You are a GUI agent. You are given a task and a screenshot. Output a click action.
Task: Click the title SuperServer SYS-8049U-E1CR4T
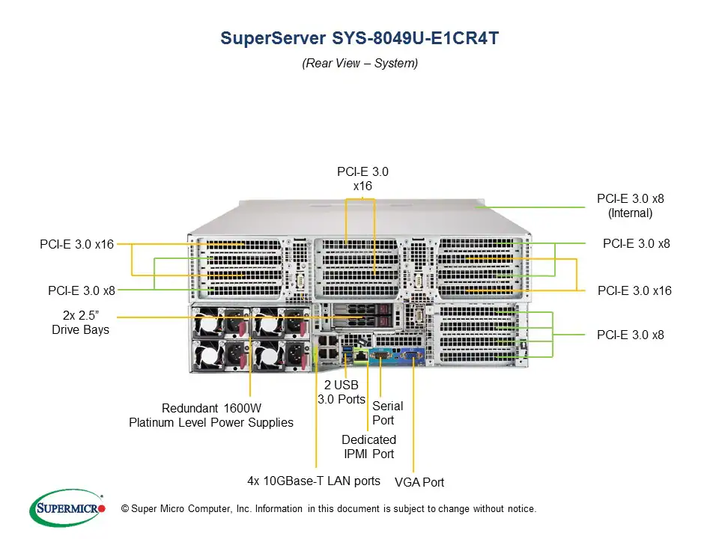359,38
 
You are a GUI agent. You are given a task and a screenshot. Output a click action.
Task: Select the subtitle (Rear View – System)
359,63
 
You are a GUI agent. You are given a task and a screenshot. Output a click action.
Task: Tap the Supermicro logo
67,509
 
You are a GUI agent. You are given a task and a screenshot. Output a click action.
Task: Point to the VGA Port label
419,482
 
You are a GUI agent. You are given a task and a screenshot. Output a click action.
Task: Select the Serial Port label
387,412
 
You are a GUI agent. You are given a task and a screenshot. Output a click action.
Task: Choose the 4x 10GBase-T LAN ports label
314,481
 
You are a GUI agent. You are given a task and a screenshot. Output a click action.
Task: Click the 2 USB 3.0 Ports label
341,392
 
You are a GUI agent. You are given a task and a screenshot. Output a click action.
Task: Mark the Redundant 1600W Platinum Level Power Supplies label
211,415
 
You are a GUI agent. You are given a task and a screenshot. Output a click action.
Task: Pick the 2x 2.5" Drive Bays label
80,323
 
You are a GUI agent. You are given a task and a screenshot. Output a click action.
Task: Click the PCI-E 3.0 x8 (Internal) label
630,206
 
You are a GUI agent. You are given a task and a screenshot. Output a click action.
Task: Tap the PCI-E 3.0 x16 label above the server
362,178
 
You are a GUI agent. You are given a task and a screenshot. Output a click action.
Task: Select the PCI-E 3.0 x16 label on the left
76,244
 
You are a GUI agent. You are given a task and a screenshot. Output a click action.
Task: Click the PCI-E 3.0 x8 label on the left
82,290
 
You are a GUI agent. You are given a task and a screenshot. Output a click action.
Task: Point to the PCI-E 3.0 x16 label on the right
634,290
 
